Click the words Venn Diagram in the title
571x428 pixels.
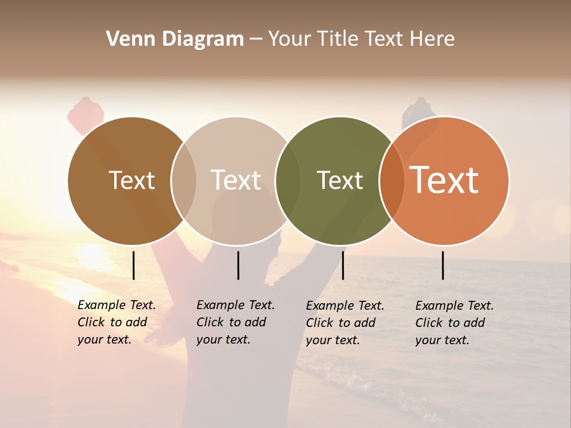[175, 39]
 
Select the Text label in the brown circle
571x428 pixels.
[131, 180]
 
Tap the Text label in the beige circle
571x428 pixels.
[236, 180]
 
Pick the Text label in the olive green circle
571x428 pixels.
[340, 180]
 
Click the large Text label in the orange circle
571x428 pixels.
[444, 180]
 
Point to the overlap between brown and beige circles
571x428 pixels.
[184, 181]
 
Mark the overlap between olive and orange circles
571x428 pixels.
[391, 181]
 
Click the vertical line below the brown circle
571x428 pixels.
[133, 265]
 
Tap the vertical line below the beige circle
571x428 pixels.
[238, 265]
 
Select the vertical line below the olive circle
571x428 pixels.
[343, 265]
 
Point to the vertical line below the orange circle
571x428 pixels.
[443, 265]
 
